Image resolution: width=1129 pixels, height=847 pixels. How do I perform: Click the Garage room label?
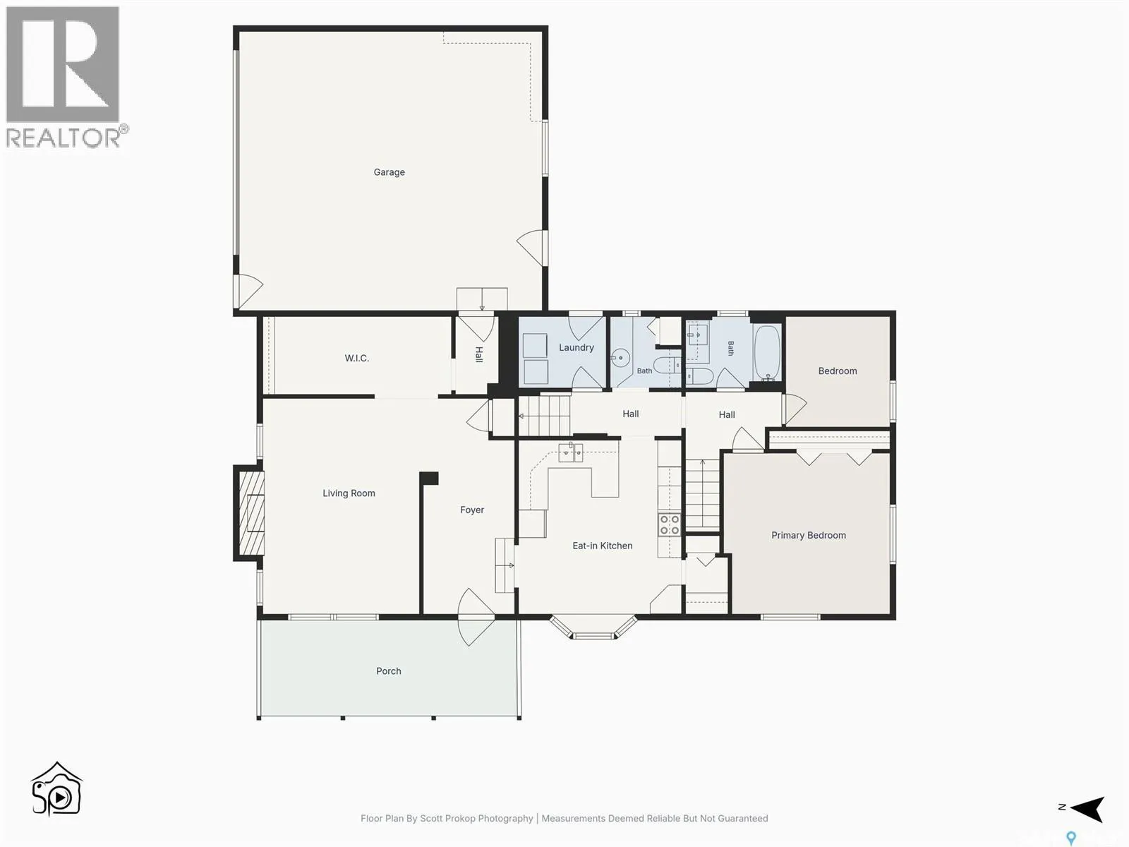(389, 172)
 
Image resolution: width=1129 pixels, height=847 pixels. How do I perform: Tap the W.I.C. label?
(356, 358)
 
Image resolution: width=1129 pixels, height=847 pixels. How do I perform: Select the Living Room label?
(349, 493)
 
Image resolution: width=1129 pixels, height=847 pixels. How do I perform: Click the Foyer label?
(471, 510)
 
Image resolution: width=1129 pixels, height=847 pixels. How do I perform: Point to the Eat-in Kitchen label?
(603, 546)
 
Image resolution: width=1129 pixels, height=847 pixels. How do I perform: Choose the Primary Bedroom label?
(808, 535)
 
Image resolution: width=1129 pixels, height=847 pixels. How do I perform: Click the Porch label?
(388, 671)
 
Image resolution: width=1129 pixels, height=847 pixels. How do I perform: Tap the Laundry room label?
(576, 348)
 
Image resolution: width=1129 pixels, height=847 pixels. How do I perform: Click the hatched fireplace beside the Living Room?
(250, 512)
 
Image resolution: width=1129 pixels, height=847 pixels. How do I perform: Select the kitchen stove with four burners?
(669, 524)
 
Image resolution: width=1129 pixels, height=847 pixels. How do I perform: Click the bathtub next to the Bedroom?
(767, 353)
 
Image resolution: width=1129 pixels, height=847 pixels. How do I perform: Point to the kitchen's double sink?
(570, 452)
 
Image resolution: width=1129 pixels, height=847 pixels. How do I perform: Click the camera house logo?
(56, 788)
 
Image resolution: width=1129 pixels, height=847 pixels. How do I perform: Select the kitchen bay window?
(593, 626)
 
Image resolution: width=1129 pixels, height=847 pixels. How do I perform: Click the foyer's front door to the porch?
(476, 617)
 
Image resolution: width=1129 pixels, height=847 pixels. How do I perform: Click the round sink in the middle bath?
(621, 356)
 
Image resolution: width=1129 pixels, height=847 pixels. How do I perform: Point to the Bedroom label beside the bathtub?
(838, 371)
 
